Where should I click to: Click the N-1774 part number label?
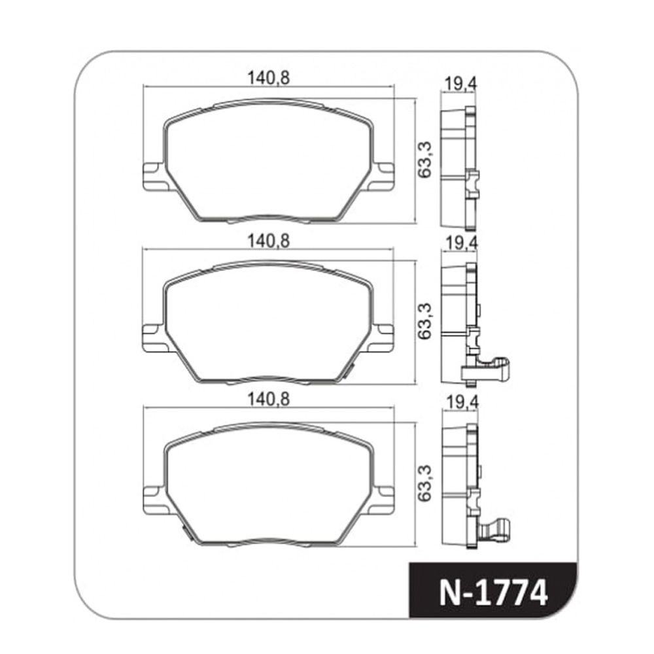coord(492,593)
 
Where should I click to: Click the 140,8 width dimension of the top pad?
coord(268,78)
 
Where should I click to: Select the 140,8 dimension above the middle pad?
coord(268,241)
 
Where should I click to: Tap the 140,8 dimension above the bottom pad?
coord(268,400)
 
